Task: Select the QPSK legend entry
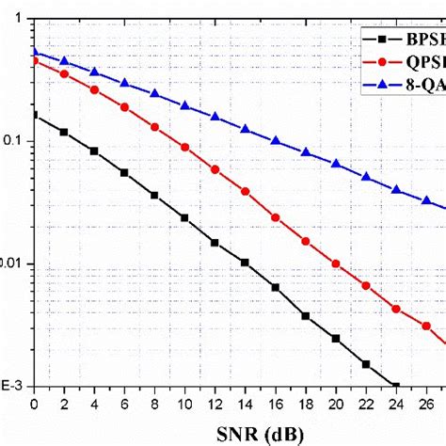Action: click(405, 65)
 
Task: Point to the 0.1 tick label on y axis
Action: click(15, 141)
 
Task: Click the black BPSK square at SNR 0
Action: click(34, 115)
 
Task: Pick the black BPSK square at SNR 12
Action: click(215, 243)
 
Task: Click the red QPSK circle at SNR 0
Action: click(34, 60)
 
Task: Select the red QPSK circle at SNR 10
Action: click(184, 147)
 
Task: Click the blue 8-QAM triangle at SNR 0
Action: click(34, 52)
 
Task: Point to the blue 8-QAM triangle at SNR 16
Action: click(275, 140)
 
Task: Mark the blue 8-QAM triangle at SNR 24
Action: click(395, 189)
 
